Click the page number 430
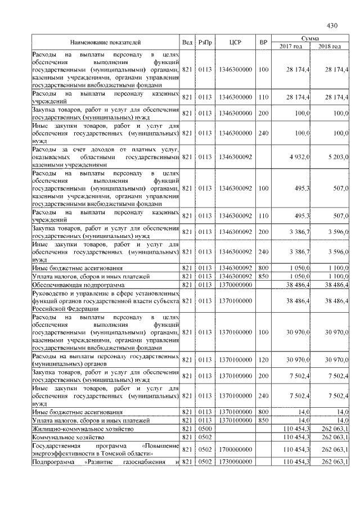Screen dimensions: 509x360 pos(331,25)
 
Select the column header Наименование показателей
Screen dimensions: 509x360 pos(105,42)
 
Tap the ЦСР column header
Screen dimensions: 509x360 pos(235,42)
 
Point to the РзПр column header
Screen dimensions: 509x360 pos(205,42)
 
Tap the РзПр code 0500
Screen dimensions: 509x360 pos(205,429)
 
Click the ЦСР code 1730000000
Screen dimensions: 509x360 pos(235,462)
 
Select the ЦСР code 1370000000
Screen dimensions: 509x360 pos(235,285)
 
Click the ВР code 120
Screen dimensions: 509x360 pos(263,359)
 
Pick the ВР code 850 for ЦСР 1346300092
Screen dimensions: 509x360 pos(263,276)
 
